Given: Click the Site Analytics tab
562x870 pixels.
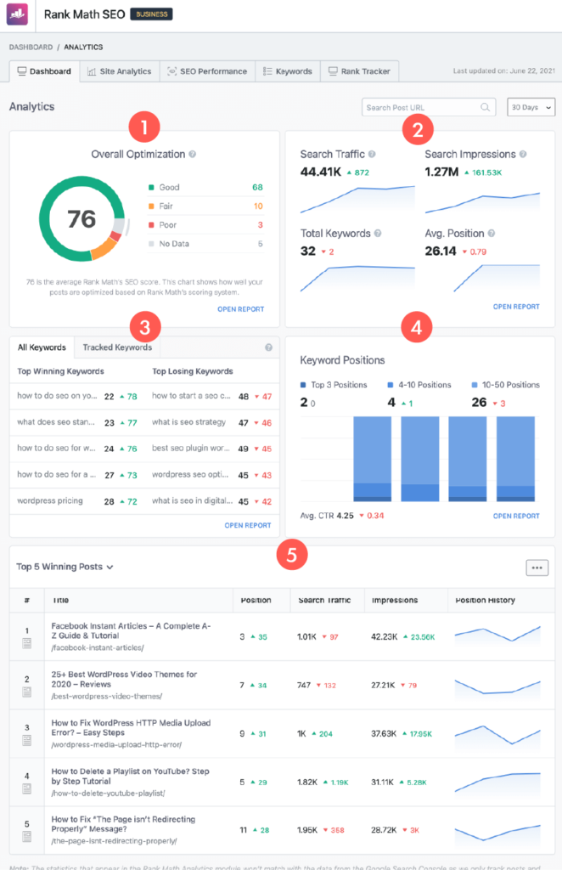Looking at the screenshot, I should pyautogui.click(x=119, y=71).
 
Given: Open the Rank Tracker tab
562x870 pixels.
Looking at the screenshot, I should pyautogui.click(x=359, y=71).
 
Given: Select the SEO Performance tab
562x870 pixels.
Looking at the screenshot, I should pyautogui.click(x=207, y=71).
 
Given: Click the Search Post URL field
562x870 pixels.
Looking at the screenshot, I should pyautogui.click(x=422, y=108).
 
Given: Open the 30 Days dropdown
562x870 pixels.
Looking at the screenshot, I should pyautogui.click(x=531, y=108).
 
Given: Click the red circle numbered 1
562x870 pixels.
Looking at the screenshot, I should pyautogui.click(x=143, y=129).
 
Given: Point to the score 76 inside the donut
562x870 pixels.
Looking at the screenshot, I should pyautogui.click(x=81, y=219).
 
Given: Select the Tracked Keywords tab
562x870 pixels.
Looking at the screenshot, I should pyautogui.click(x=117, y=347).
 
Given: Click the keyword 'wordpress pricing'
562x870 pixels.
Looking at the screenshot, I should pyautogui.click(x=50, y=501).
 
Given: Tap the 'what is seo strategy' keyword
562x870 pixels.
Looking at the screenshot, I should pyautogui.click(x=188, y=422).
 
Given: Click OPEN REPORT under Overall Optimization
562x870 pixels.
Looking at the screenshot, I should pyautogui.click(x=241, y=309).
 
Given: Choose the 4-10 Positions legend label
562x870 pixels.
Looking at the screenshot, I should pyautogui.click(x=426, y=385).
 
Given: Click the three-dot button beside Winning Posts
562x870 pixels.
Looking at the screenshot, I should pyautogui.click(x=537, y=568).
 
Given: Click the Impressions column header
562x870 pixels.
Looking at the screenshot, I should pyautogui.click(x=394, y=600).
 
